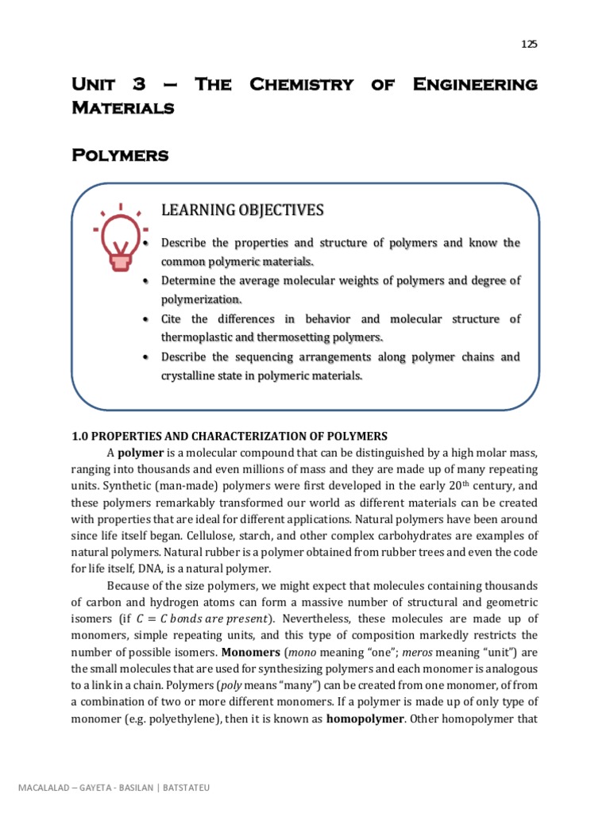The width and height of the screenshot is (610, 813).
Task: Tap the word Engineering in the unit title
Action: (475, 84)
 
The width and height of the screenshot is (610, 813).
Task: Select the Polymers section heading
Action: (120, 155)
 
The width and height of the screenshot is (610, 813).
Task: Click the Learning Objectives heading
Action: (242, 210)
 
